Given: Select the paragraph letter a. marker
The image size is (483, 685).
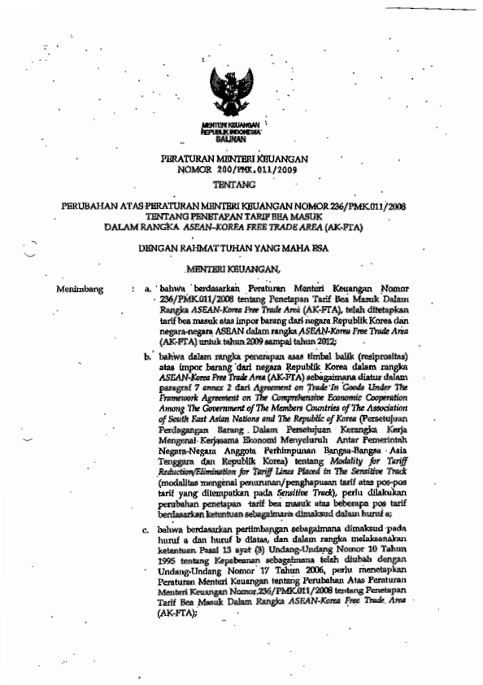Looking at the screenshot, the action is (x=148, y=289).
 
